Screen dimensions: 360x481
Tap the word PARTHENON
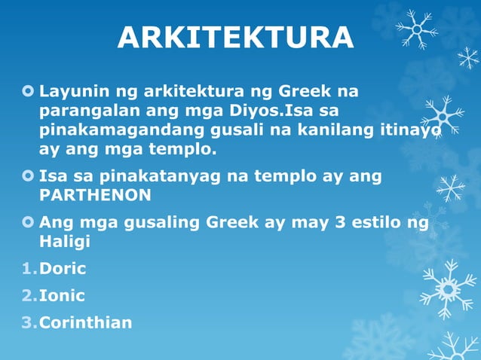click(95, 195)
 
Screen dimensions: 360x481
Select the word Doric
click(63, 269)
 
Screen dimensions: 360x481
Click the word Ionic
click(62, 296)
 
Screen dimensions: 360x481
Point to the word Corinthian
click(85, 323)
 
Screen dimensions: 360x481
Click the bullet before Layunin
click(29, 93)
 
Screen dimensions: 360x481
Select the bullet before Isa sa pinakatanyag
click(29, 176)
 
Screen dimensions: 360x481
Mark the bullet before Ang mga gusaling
click(29, 223)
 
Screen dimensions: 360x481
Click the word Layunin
click(72, 93)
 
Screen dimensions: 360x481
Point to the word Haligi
click(64, 242)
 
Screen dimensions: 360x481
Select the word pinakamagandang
click(117, 130)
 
